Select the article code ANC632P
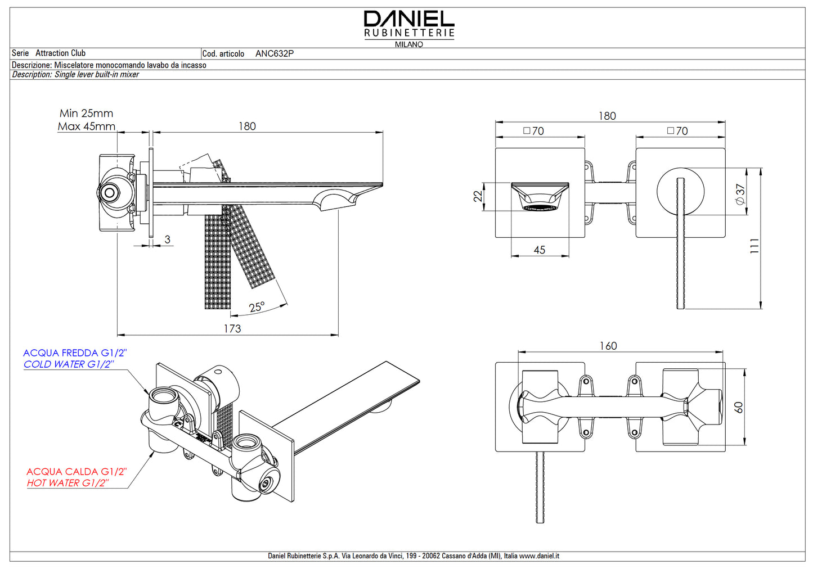click(274, 54)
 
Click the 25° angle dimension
click(257, 307)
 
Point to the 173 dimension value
click(232, 328)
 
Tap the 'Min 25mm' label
click(86, 114)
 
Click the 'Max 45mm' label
click(86, 127)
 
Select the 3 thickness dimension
click(167, 240)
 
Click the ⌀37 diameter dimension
click(740, 193)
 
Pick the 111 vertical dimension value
click(754, 246)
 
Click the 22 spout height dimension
click(478, 196)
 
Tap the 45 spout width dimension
click(539, 250)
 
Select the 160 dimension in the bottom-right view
click(608, 346)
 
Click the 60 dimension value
click(739, 407)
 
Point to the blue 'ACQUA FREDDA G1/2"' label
click(75, 353)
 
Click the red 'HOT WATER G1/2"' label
click(68, 483)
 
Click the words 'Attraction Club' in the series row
click(60, 53)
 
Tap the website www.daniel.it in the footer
click(539, 556)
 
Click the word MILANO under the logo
click(409, 44)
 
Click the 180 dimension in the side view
click(247, 127)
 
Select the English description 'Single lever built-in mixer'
click(97, 75)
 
